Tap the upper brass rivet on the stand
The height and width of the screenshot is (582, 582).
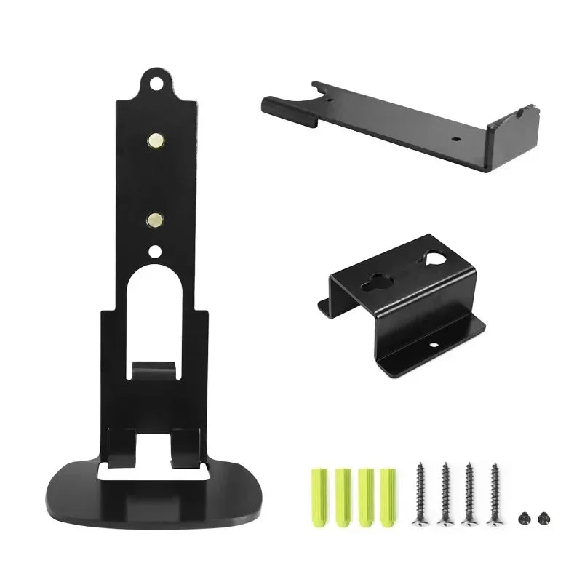154,137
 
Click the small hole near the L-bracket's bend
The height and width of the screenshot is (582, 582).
456,137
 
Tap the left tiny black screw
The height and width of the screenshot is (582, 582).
522,517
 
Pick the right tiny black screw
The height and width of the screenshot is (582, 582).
539,517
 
